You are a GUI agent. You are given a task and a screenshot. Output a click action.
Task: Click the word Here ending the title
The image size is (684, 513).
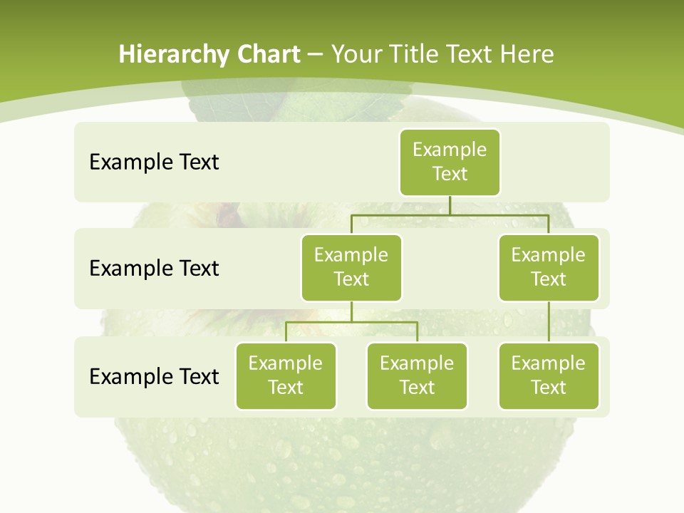527,55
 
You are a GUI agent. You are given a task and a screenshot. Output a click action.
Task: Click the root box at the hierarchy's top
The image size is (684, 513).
450,162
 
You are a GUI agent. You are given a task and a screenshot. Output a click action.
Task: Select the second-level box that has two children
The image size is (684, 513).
351,267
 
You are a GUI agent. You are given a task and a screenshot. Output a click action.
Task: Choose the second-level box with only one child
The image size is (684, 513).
549,267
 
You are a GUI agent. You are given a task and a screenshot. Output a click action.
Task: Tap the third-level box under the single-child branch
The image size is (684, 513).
549,375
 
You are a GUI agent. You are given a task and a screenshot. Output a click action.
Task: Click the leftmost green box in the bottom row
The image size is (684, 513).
286,375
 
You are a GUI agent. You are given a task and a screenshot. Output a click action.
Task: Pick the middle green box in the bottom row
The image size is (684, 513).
417,375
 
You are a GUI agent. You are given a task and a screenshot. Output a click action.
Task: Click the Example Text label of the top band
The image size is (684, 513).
154,162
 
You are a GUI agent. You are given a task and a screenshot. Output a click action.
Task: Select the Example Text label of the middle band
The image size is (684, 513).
154,269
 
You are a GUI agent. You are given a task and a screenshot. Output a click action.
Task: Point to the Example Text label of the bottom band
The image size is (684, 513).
154,376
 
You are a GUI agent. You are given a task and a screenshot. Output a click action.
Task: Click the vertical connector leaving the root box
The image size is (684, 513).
450,205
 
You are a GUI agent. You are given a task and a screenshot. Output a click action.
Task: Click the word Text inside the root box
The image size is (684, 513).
450,174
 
